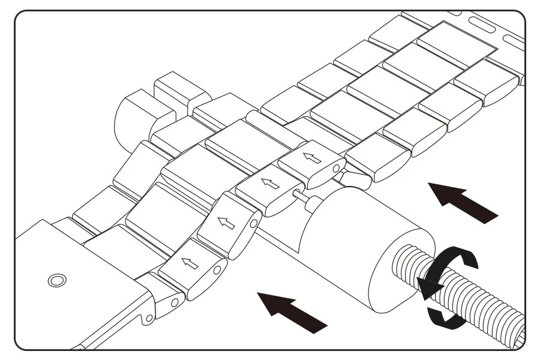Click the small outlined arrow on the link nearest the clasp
[190, 262]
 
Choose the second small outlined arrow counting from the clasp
[226, 223]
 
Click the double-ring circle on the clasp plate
[56, 280]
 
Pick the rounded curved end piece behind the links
[128, 118]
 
